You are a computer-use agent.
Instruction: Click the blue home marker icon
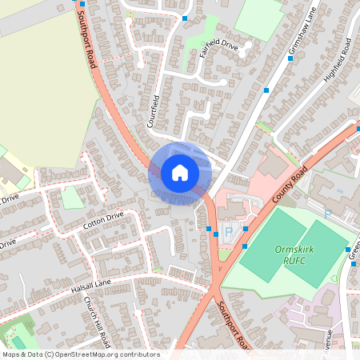coord(180,173)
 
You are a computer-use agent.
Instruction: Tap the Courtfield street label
coord(154,111)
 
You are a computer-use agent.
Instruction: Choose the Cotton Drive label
coord(104,221)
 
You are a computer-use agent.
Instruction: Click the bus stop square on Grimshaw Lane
coord(266,90)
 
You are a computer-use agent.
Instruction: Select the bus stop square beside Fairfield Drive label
coord(185,18)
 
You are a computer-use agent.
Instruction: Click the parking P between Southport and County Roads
coord(228,232)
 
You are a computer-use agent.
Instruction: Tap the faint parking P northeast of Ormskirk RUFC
coord(327,214)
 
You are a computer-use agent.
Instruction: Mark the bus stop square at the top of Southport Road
coord(82,4)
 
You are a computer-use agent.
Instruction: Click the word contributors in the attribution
coord(139,354)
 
